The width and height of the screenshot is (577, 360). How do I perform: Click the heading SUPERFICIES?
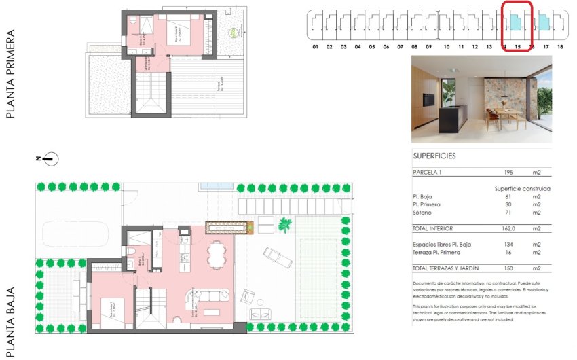point(434,156)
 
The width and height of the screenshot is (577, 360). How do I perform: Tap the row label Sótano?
point(422,213)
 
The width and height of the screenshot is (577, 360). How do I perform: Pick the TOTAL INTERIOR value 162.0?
point(512,229)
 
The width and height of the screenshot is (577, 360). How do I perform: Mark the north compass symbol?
point(50,159)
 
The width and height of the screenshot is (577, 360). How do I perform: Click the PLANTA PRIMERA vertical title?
point(10,73)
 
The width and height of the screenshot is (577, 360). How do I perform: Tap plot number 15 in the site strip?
point(517,47)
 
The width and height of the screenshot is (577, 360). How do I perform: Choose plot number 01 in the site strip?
point(316,47)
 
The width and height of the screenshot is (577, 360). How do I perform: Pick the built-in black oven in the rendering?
point(430,99)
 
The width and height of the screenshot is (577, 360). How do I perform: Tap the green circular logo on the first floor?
point(235,32)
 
